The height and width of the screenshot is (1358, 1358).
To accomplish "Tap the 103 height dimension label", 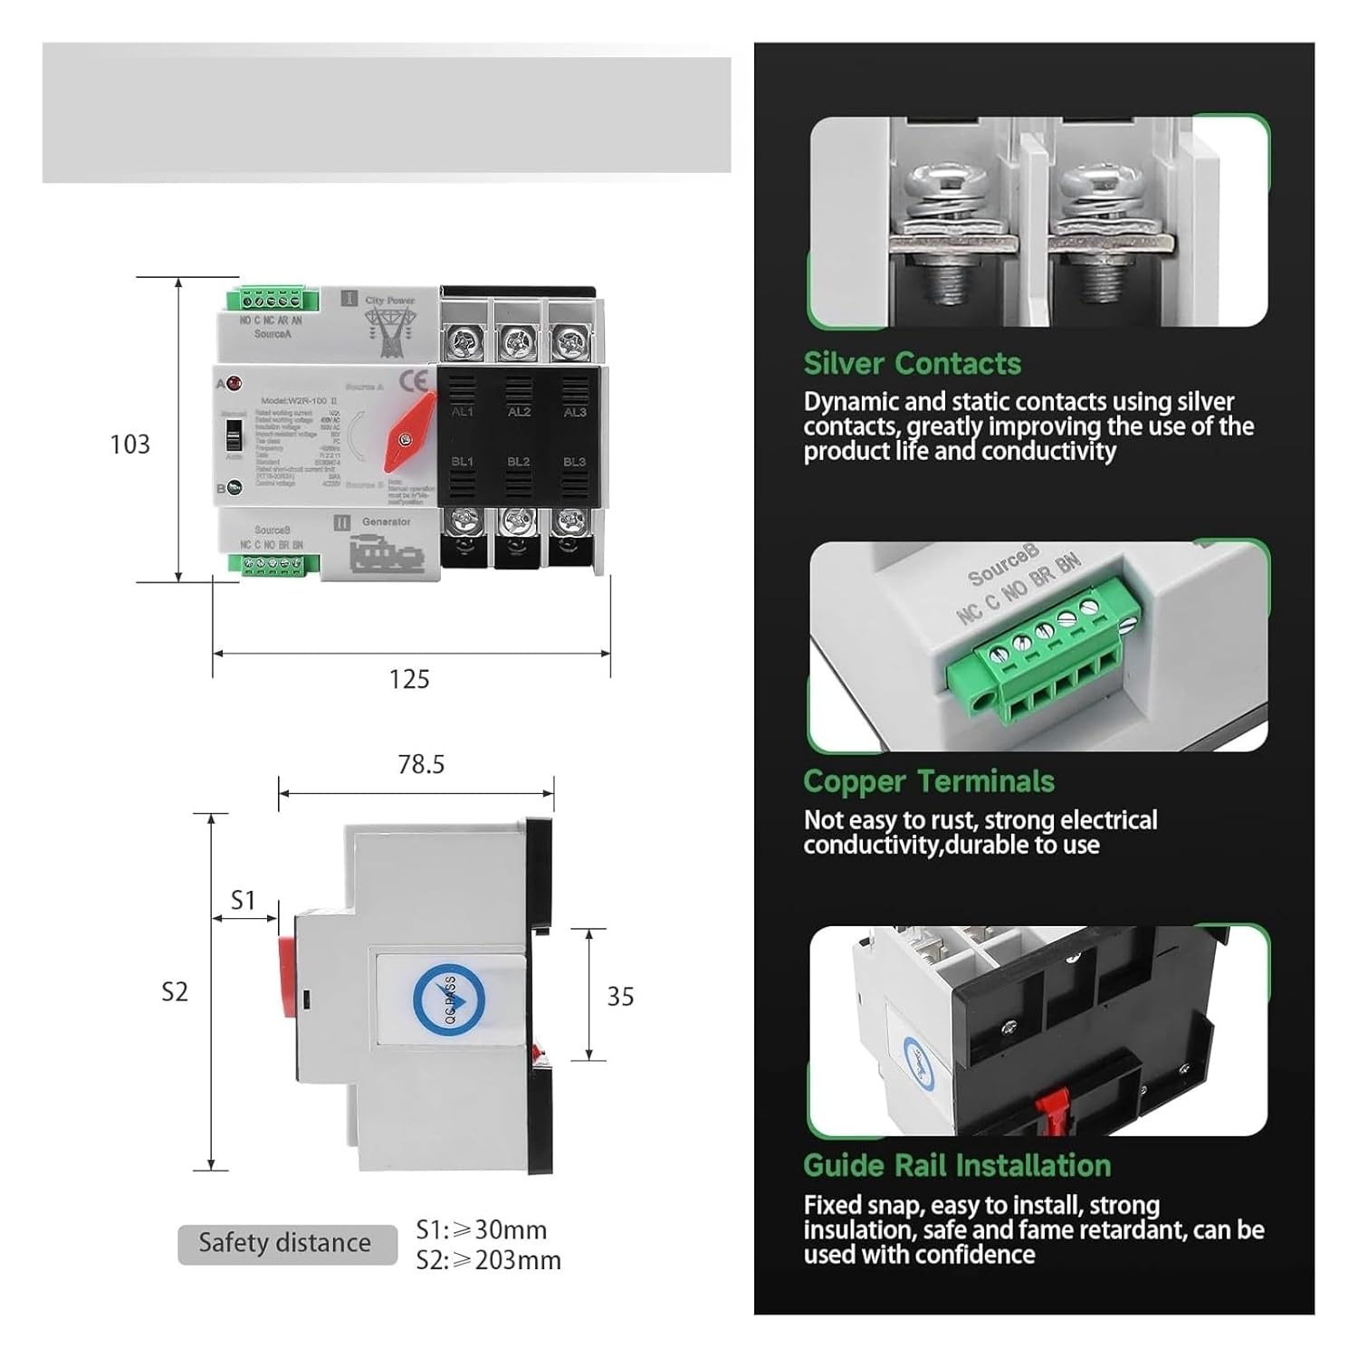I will (x=129, y=445).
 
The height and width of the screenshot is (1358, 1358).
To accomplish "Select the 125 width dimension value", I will (x=409, y=679).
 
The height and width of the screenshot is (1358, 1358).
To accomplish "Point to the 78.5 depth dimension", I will (x=421, y=765).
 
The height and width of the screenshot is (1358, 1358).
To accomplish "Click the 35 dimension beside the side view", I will (x=620, y=997).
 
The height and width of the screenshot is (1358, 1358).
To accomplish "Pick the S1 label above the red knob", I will (x=243, y=900).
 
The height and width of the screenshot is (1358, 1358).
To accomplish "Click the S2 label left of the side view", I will (x=174, y=992).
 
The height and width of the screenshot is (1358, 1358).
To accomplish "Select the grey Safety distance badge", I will (x=286, y=1243).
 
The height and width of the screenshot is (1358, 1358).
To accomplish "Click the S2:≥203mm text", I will (x=489, y=1260).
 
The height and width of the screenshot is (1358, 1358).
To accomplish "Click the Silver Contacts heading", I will (x=912, y=364).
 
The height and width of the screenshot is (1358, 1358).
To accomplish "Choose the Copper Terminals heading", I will (x=928, y=781).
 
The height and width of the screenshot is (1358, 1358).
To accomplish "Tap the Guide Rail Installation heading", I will (x=956, y=1165).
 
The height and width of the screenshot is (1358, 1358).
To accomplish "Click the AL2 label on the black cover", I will (x=519, y=412).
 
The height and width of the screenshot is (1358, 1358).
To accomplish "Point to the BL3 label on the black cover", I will (x=574, y=462).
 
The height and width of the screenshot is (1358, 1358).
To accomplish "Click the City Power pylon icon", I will (x=390, y=330).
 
